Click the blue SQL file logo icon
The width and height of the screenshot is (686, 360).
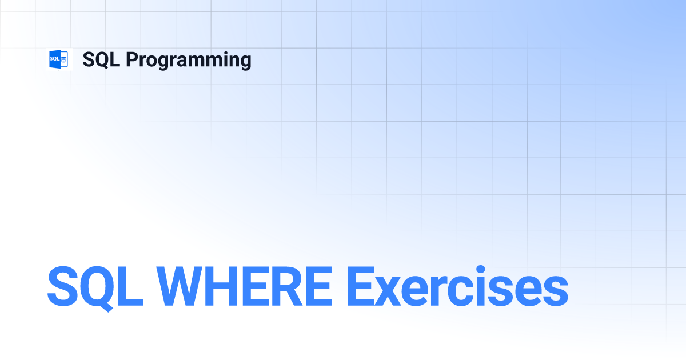(x=59, y=59)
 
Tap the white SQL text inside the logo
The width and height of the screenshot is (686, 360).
(x=54, y=59)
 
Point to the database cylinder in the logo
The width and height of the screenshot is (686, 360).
(x=63, y=59)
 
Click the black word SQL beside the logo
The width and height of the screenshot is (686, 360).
(x=101, y=59)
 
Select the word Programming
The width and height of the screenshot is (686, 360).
(x=189, y=61)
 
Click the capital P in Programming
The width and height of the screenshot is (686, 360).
(x=131, y=59)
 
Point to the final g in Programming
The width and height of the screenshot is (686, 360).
(x=245, y=63)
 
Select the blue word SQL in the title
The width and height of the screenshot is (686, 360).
(x=95, y=288)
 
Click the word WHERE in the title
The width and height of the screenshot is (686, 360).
(x=245, y=286)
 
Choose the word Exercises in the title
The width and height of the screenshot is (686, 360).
(x=457, y=286)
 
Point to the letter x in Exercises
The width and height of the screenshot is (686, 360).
(x=387, y=291)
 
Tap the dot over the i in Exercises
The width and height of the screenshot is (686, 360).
(x=481, y=270)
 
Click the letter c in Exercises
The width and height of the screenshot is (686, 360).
(x=460, y=291)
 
